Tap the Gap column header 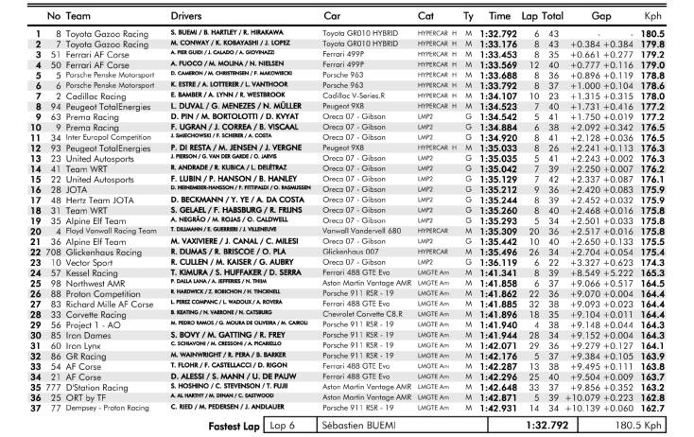598,17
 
